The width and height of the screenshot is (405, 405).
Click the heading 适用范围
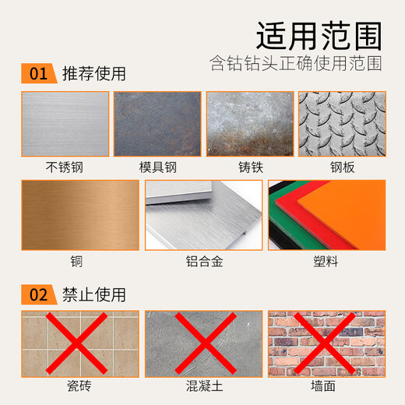coord(319,33)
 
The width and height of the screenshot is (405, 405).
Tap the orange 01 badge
coord(39,74)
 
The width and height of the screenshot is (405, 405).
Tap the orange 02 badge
coord(39,295)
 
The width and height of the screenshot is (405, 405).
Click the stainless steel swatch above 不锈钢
coord(65,125)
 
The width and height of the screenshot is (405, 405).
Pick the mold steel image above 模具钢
coord(157,125)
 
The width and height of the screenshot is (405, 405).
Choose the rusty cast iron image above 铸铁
coord(249,125)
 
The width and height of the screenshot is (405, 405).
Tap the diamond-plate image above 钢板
coord(341,125)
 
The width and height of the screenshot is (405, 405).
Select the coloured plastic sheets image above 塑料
coord(326,215)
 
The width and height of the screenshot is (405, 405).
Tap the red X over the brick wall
coord(326,342)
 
